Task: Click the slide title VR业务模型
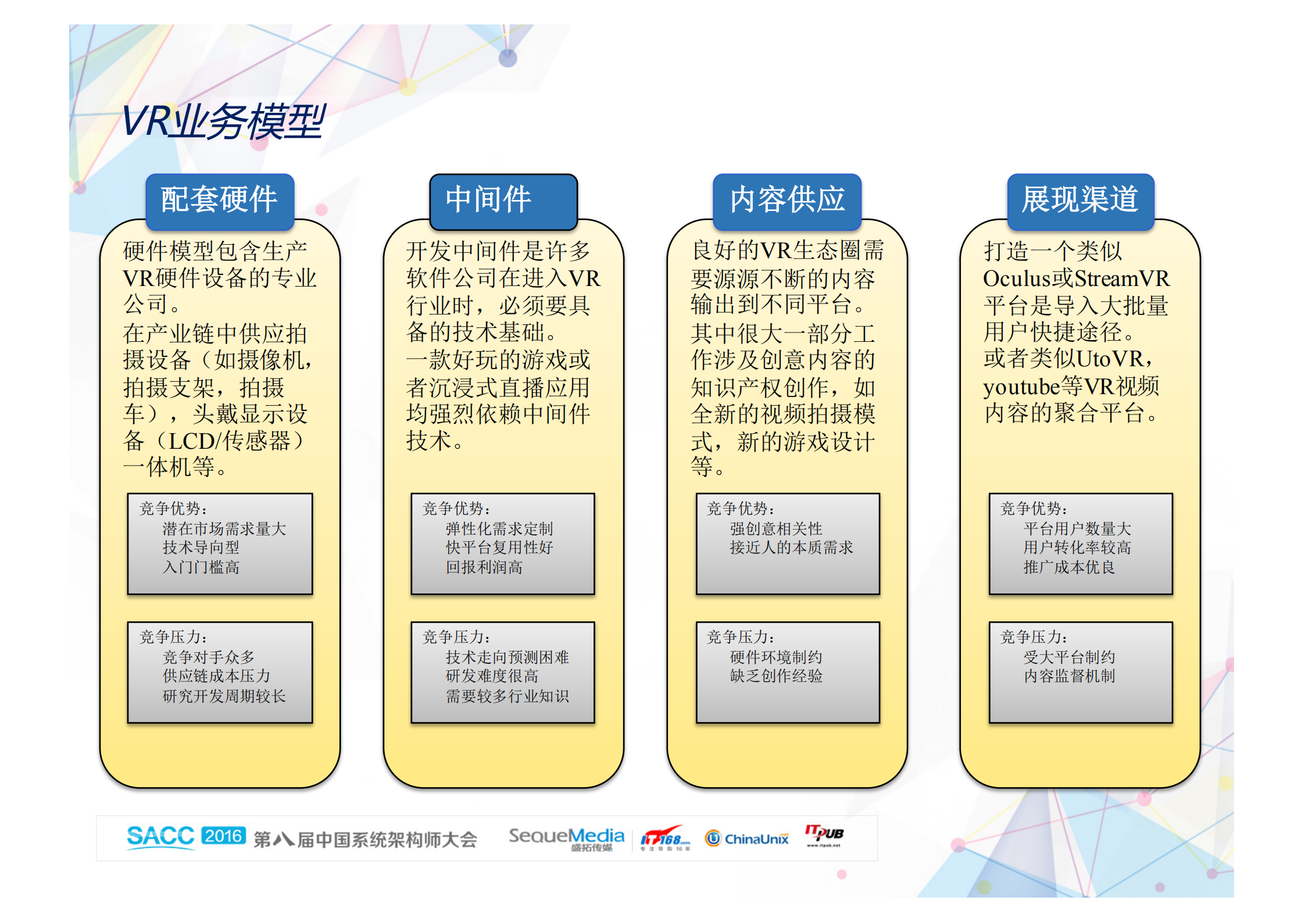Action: click(x=223, y=121)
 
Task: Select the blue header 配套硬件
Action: click(x=220, y=200)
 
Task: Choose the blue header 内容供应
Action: click(x=786, y=200)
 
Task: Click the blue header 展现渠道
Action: click(x=1080, y=200)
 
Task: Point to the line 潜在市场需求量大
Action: click(x=224, y=529)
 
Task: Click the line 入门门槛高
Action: click(x=201, y=567)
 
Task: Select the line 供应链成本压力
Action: click(x=216, y=676)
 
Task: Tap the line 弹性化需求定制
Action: click(x=499, y=529)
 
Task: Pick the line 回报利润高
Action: click(x=484, y=567)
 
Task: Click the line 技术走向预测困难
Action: click(x=507, y=657)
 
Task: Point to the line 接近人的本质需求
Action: click(x=791, y=548)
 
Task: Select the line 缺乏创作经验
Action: click(x=776, y=676)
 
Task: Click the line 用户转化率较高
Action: click(x=1077, y=548)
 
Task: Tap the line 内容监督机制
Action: click(x=1069, y=676)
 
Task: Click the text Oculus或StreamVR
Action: click(x=1076, y=278)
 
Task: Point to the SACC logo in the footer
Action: click(x=160, y=837)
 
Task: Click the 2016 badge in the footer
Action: click(x=224, y=836)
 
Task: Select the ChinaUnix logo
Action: click(x=747, y=838)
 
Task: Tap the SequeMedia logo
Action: click(x=566, y=837)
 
